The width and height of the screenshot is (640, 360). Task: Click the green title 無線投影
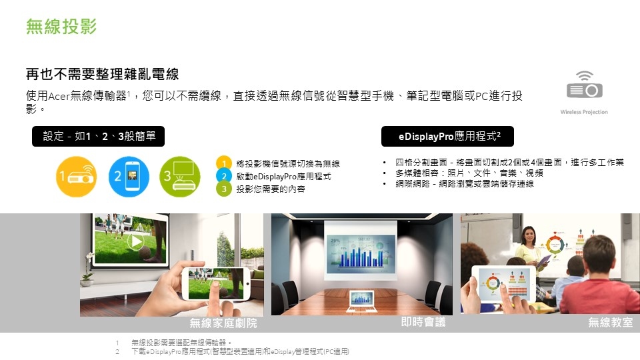[x=61, y=27]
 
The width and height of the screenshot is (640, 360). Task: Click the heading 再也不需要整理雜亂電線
[x=103, y=74]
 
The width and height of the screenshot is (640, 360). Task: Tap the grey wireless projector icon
[x=585, y=85]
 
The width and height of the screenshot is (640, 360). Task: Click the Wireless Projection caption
[x=584, y=112]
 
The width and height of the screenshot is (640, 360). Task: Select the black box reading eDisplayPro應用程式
[x=447, y=136]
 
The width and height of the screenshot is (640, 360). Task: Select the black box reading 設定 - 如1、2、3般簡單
[x=99, y=136]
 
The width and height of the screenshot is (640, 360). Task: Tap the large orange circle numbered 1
[x=76, y=177]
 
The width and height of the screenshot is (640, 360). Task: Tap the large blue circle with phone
[x=129, y=177]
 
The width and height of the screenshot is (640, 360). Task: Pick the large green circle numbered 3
[x=180, y=177]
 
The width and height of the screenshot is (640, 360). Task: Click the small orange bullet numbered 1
[x=224, y=163]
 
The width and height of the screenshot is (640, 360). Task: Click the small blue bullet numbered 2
[x=224, y=176]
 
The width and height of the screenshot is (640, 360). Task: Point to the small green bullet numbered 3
[x=224, y=189]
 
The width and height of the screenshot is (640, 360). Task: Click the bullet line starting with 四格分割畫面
[x=509, y=163]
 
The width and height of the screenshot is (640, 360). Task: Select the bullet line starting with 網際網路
[x=465, y=184]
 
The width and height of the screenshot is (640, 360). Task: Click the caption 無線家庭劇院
[x=223, y=323]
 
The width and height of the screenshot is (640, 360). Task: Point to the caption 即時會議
[x=423, y=322]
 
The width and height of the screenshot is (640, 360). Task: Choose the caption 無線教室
[x=611, y=323]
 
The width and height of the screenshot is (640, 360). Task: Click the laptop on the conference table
[x=361, y=301]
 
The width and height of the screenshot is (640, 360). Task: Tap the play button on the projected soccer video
[x=135, y=241]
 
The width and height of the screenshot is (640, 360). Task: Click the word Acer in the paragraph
[x=59, y=96]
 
